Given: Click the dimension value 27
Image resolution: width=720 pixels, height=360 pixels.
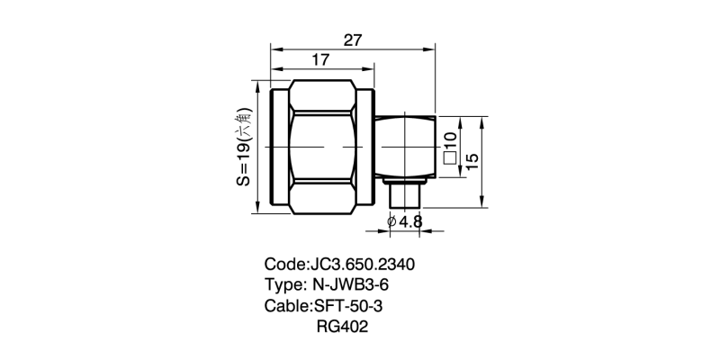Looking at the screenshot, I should click(353, 40).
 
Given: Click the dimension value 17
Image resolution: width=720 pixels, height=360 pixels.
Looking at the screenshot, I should click(319, 61).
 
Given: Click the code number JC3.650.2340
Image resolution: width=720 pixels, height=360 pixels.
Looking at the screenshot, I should click(362, 265).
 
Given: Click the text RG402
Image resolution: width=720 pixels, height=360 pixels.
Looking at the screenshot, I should click(343, 327).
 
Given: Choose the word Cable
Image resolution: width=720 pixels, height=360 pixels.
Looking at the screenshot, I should click(286, 306).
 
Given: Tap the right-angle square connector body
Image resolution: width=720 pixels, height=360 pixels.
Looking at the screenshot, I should click(405, 147).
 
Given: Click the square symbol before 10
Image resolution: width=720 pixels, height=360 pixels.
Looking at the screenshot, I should click(450, 161).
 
